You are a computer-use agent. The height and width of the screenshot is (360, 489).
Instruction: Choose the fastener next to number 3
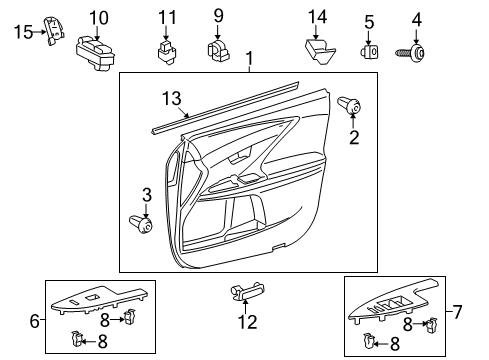(x=141, y=223)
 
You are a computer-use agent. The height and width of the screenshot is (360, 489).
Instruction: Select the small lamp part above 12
(x=246, y=292)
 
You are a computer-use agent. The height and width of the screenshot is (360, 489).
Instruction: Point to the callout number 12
(x=246, y=321)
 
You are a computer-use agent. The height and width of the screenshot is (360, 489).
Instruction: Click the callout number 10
(x=98, y=17)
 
